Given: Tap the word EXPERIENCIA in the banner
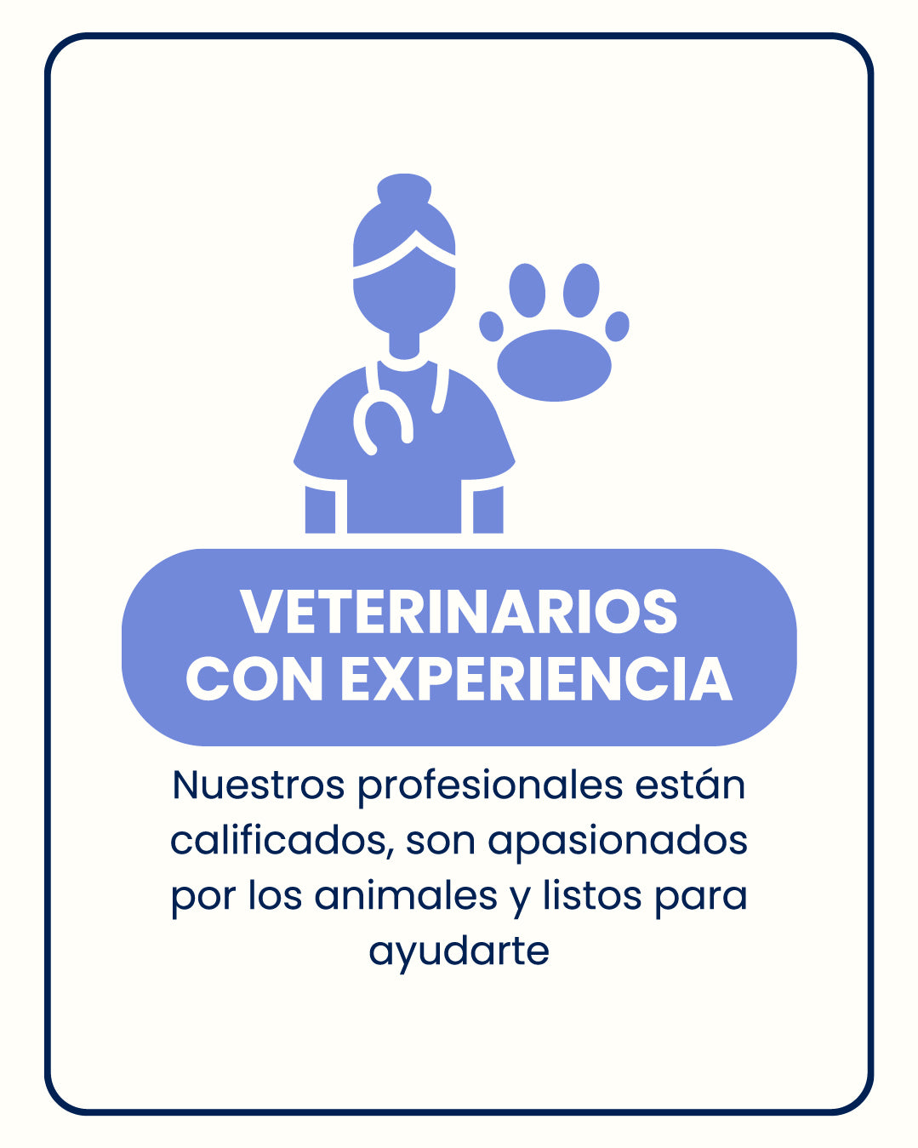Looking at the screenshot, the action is pyautogui.click(x=536, y=678).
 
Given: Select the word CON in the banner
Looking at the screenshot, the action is pyautogui.click(x=254, y=678).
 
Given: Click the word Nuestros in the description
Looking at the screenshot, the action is pyautogui.click(x=258, y=785).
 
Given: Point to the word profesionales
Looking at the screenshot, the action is pyautogui.click(x=490, y=785).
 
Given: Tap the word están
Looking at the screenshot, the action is pyautogui.click(x=690, y=785).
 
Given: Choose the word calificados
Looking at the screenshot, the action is pyautogui.click(x=282, y=842).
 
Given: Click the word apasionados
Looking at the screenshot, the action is pyautogui.click(x=618, y=842).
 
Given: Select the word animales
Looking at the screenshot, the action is pyautogui.click(x=405, y=896).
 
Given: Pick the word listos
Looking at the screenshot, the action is pyautogui.click(x=591, y=896).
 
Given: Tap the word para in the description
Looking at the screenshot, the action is pyautogui.click(x=701, y=900).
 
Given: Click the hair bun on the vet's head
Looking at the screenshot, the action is pyautogui.click(x=404, y=189).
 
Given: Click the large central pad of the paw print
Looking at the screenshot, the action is pyautogui.click(x=554, y=365).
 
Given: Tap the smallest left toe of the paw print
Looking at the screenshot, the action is pyautogui.click(x=491, y=327).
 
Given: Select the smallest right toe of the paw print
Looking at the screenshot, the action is pyautogui.click(x=617, y=327).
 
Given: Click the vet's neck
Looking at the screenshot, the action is pyautogui.click(x=404, y=346).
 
